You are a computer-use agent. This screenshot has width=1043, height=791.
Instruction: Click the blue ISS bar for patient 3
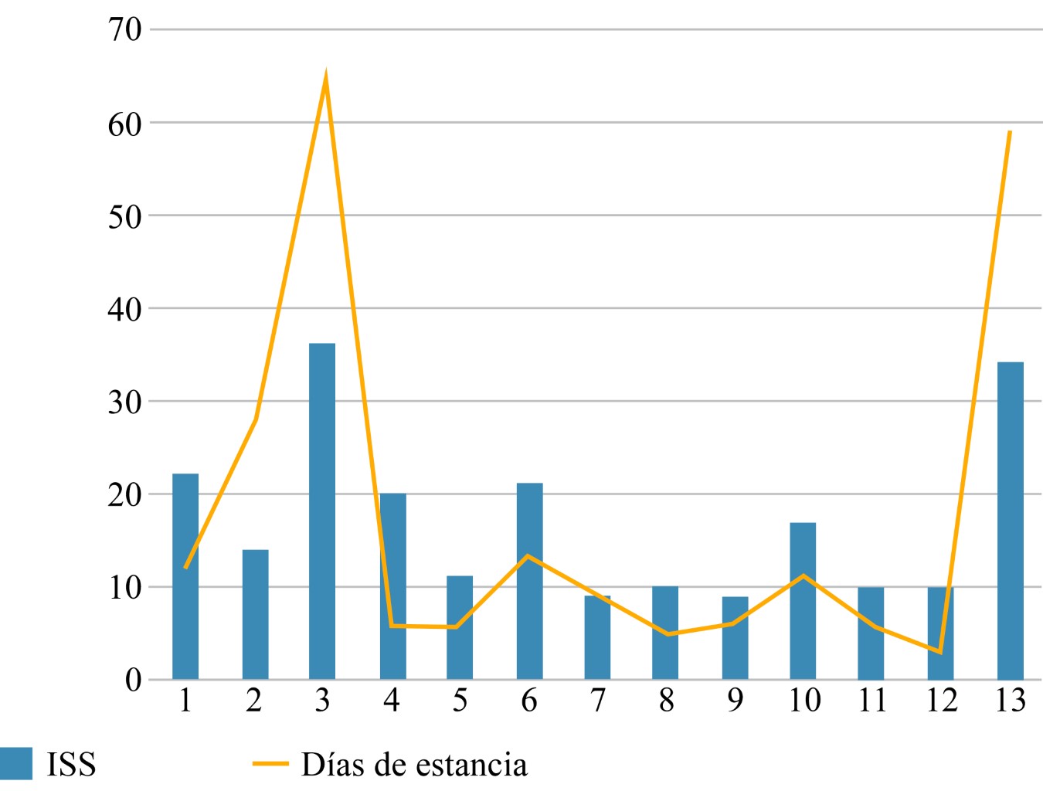pyautogui.click(x=322, y=511)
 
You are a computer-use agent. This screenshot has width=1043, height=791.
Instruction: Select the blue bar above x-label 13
pyautogui.click(x=1010, y=521)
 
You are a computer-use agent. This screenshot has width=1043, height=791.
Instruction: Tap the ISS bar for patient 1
pyautogui.click(x=185, y=576)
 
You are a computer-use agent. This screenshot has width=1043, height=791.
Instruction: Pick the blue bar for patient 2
pyautogui.click(x=255, y=614)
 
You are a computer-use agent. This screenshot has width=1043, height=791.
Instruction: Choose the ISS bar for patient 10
pyautogui.click(x=803, y=601)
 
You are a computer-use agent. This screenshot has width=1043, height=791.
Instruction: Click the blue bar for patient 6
pyautogui.click(x=529, y=581)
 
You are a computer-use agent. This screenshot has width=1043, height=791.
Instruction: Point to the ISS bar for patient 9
pyautogui.click(x=735, y=638)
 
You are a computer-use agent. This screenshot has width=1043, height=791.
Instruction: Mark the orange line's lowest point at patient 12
pyautogui.click(x=940, y=652)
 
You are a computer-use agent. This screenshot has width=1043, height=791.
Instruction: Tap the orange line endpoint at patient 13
pyautogui.click(x=1010, y=131)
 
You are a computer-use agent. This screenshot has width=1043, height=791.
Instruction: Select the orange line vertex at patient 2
pyautogui.click(x=255, y=419)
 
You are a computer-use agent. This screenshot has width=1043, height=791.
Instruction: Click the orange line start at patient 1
pyautogui.click(x=185, y=568)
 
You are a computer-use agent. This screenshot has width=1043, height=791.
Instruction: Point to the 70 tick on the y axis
pyautogui.click(x=124, y=29)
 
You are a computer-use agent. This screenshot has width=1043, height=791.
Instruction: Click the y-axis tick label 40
pyautogui.click(x=124, y=309)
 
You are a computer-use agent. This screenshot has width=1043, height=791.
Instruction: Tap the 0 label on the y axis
pyautogui.click(x=133, y=680)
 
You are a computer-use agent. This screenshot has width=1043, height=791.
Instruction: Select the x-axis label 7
pyautogui.click(x=597, y=700)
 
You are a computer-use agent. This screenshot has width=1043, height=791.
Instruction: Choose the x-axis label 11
pyautogui.click(x=872, y=700)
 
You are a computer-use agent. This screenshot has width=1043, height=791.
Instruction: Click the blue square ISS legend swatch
pyautogui.click(x=16, y=764)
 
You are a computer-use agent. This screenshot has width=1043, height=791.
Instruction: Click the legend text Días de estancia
pyautogui.click(x=414, y=765)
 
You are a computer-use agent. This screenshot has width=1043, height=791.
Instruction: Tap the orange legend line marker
pyautogui.click(x=270, y=764)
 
